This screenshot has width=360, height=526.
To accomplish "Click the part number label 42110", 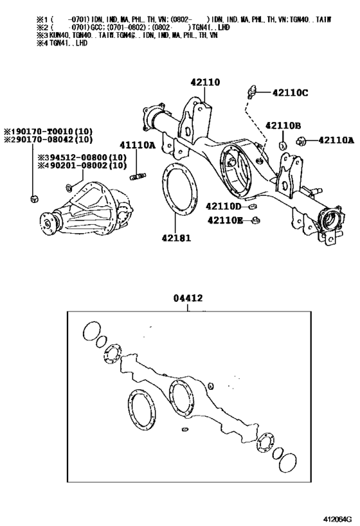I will tap(204, 82).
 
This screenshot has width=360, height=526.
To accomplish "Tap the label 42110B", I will tap(283, 125).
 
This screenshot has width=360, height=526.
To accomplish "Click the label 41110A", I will tap(136, 145).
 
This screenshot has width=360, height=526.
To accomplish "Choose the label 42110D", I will tap(223, 206).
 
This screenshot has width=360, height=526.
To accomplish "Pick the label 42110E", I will tap(225, 221).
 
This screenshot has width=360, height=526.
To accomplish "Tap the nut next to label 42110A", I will tap(307, 141).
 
